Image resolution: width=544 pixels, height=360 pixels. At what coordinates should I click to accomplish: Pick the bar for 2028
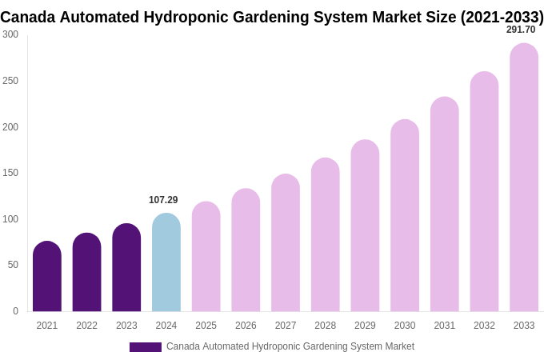[x=326, y=235]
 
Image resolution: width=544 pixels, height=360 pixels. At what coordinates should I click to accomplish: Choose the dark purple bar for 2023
[x=126, y=268]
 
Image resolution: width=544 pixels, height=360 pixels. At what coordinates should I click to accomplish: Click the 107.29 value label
[x=163, y=200]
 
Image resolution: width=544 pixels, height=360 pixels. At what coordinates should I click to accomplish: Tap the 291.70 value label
[x=521, y=30]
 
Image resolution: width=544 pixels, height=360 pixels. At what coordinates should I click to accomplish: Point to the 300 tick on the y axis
[x=10, y=34]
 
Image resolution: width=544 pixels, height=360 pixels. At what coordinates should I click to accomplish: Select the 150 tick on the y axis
[x=10, y=173]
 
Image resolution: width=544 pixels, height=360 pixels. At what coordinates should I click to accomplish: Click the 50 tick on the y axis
[x=13, y=265]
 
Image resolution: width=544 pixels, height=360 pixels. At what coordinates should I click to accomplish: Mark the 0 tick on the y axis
[x=15, y=311]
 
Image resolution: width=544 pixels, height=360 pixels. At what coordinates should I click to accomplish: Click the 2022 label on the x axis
[x=86, y=326]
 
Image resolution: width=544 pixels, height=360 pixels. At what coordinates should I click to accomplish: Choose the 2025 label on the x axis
[x=206, y=326]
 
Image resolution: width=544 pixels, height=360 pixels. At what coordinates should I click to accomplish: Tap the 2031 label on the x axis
[x=444, y=326]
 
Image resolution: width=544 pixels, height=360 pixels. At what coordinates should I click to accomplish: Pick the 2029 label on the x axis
[x=365, y=326]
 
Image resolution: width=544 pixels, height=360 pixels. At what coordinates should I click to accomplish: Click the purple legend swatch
[x=146, y=347]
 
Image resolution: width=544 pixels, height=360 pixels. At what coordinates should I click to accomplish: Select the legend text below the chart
[x=290, y=346]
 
